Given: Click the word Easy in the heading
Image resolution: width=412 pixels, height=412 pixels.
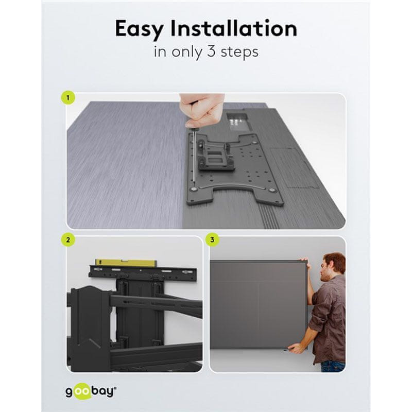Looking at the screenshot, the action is [140, 29].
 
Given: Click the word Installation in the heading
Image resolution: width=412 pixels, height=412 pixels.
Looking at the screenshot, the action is [234, 28].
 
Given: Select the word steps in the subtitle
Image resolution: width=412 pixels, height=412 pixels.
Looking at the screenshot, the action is [239, 53].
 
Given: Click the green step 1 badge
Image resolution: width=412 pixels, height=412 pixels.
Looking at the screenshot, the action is [68, 98].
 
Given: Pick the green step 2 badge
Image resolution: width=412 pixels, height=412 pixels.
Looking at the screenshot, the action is [68, 240].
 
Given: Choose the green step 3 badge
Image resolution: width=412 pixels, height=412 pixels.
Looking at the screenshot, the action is [212, 239].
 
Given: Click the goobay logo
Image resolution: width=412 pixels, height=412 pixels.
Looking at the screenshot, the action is [91, 392].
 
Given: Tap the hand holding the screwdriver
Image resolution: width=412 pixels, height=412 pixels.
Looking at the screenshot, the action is [204, 110].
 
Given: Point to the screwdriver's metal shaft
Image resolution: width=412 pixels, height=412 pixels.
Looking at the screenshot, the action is [194, 156].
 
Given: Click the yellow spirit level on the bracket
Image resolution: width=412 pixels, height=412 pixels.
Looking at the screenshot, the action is [126, 263].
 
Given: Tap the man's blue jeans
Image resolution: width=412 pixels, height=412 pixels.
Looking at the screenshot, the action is [333, 367].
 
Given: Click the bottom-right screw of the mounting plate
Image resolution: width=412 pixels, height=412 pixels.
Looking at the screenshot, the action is [272, 190].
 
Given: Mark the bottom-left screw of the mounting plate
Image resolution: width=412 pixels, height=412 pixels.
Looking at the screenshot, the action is [194, 189].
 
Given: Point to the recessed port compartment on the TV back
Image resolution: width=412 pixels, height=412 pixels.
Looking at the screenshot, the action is [237, 122].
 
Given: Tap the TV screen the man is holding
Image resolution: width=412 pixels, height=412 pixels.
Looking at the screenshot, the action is [259, 305].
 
